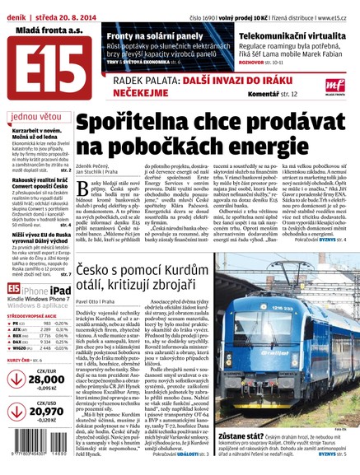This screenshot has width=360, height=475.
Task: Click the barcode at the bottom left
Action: point(40,449)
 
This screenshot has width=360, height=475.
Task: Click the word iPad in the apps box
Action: point(58,289)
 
